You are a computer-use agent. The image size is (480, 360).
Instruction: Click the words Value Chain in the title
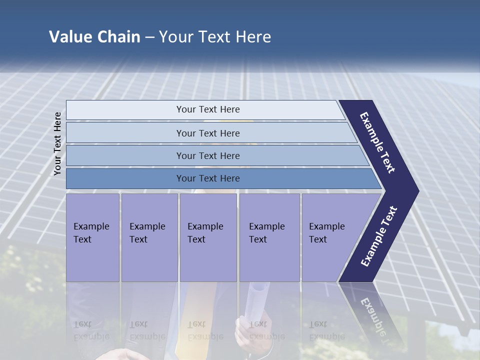pyautogui.click(x=94, y=37)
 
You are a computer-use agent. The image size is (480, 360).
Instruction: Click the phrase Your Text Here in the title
pyautogui.click(x=215, y=37)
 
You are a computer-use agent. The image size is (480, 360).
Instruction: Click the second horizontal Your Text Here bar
pyautogui.click(x=208, y=133)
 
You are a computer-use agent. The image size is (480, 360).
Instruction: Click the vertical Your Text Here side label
pyautogui.click(x=57, y=143)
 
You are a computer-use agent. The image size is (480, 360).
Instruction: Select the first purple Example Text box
pyautogui.click(x=92, y=237)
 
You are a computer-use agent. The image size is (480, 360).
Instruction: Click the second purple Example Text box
pyautogui.click(x=149, y=237)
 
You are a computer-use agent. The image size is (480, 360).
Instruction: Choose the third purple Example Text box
pyautogui.click(x=207, y=237)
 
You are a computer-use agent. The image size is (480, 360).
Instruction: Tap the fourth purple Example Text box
pyautogui.click(x=269, y=237)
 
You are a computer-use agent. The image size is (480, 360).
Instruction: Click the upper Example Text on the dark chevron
pyautogui.click(x=378, y=142)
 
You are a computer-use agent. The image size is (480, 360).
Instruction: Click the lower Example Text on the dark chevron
pyautogui.click(x=378, y=236)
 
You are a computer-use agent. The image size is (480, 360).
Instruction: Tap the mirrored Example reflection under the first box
pyautogui.click(x=91, y=336)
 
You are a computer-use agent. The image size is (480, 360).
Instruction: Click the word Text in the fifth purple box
pyautogui.click(x=318, y=239)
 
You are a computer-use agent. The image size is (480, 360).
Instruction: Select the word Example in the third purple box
pyautogui.click(x=205, y=226)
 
